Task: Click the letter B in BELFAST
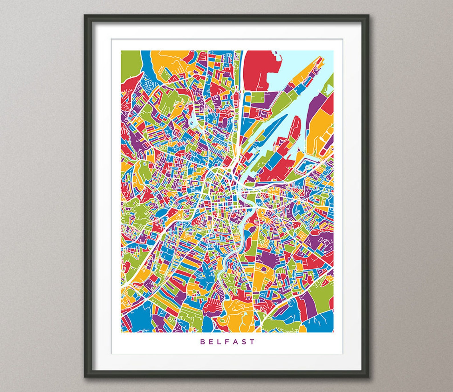click(202, 341)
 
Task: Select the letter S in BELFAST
click(244, 341)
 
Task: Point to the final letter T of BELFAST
click(252, 341)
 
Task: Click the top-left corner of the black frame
click(85, 15)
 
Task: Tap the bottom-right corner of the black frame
click(368, 377)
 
